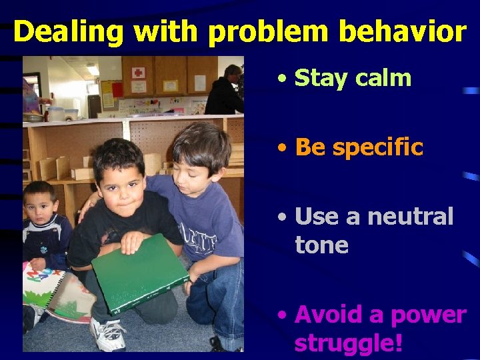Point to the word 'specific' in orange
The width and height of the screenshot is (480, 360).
pos(377,147)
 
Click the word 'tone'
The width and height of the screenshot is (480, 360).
pos(321,245)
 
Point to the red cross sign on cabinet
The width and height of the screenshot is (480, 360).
pos(139,73)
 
